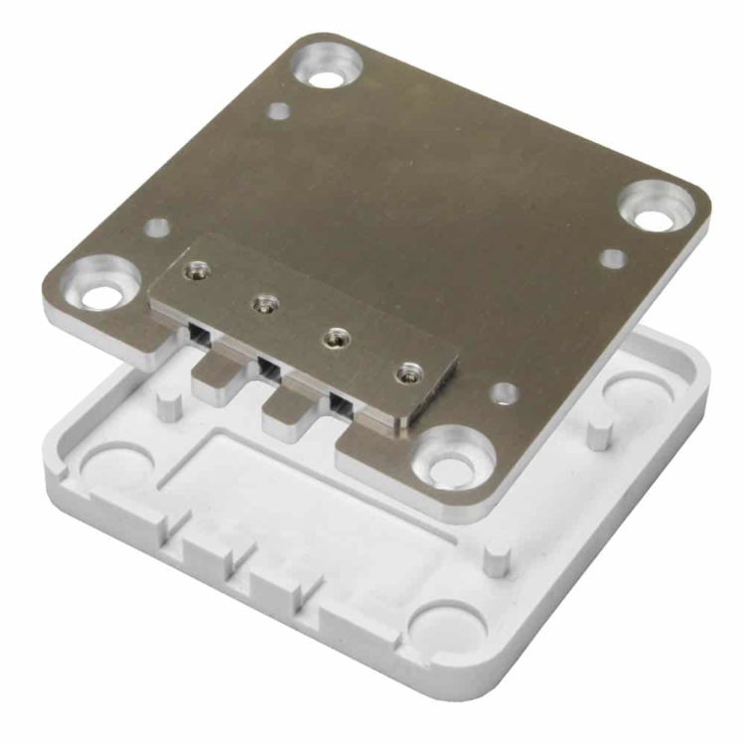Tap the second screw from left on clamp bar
264,304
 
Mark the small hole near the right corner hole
613,258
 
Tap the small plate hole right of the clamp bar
504,393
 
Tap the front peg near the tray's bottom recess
497,557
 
